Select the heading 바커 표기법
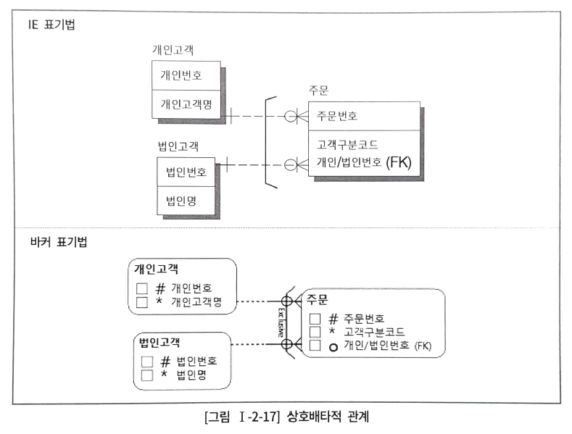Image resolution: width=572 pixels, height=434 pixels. (x=53, y=241)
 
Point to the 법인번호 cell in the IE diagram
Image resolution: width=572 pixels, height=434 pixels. (x=186, y=172)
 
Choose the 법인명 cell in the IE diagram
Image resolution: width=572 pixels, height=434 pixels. (x=181, y=199)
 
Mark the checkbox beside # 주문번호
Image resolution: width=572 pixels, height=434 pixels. (x=314, y=319)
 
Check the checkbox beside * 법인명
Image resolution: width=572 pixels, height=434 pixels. (x=147, y=375)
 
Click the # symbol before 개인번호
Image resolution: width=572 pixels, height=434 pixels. (x=161, y=287)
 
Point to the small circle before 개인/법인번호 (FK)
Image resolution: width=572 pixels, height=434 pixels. (x=333, y=346)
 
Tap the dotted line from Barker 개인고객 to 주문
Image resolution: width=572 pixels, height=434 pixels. (x=257, y=301)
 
